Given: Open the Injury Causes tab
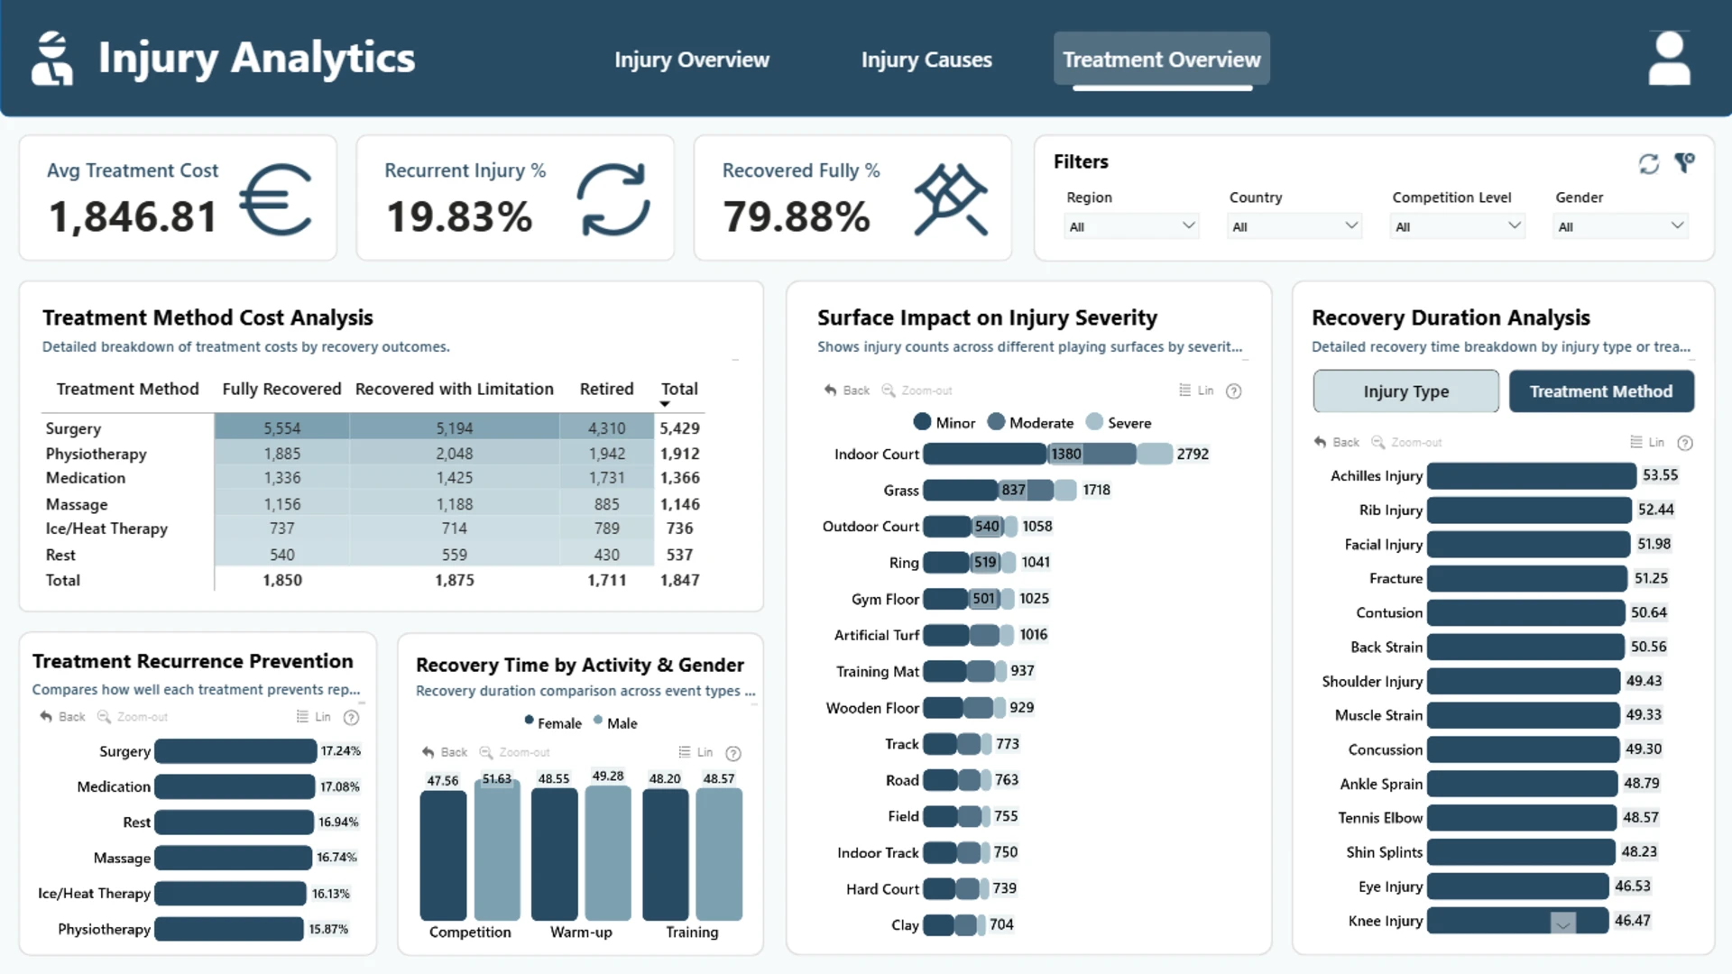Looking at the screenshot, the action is (926, 60).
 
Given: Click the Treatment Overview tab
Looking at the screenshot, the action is (1162, 60).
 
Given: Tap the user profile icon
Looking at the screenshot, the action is (1669, 59).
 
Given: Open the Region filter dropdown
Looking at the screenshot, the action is (1131, 226).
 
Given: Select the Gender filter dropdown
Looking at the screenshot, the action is (1621, 226).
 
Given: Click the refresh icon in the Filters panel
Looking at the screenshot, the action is (1649, 163).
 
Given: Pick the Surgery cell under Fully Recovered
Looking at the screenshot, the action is (282, 428).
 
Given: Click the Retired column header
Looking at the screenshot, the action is (606, 389).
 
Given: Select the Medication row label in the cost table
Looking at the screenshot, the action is (86, 478).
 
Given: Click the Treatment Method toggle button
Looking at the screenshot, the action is (1601, 391).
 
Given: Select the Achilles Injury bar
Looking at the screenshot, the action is (1532, 475).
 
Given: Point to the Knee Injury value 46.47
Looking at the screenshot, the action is (1633, 921).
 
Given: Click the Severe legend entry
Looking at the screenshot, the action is (1119, 422).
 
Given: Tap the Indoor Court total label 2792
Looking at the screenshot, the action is (1193, 454).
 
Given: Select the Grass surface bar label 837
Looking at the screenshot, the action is (1013, 490).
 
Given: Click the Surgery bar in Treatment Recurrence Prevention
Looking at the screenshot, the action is (235, 751).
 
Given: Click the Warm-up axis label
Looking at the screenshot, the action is (581, 932).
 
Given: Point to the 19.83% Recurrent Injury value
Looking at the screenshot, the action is (459, 216).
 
